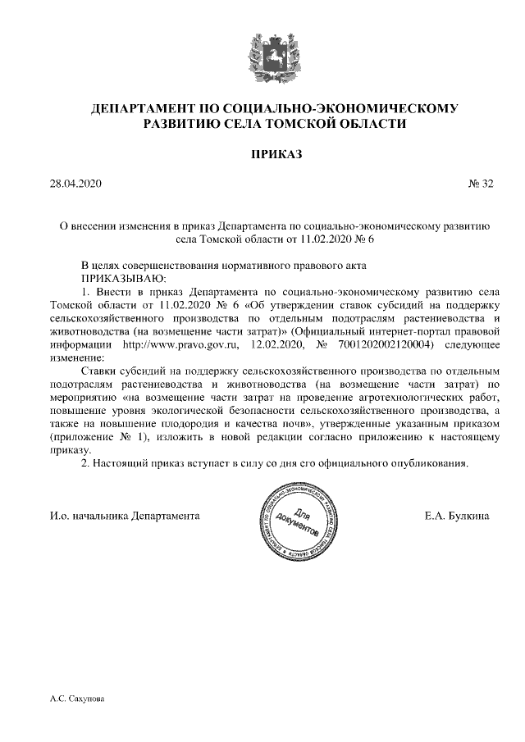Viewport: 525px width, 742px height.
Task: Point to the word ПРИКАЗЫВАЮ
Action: [119, 278]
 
